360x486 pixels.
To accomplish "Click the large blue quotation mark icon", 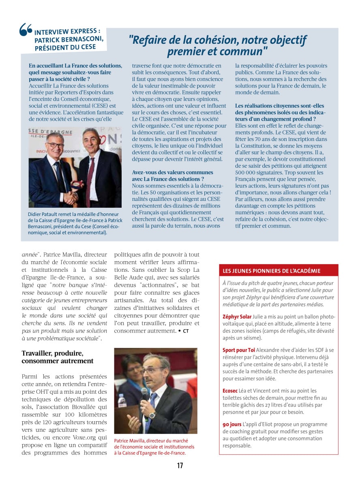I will (26, 30).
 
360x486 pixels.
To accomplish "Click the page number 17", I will (180, 466).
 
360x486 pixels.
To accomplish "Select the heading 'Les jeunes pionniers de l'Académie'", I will (272, 271).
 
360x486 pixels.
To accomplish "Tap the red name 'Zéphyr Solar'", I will (237, 316).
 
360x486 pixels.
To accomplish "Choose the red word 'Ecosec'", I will (231, 391).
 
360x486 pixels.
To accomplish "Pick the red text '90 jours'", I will (232, 424).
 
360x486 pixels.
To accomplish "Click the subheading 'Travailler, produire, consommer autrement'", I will (58, 357).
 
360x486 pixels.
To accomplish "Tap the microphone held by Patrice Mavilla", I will (144, 395).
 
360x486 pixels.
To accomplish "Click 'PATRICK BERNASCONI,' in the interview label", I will (69, 39).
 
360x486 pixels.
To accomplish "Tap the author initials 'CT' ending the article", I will (186, 331).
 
